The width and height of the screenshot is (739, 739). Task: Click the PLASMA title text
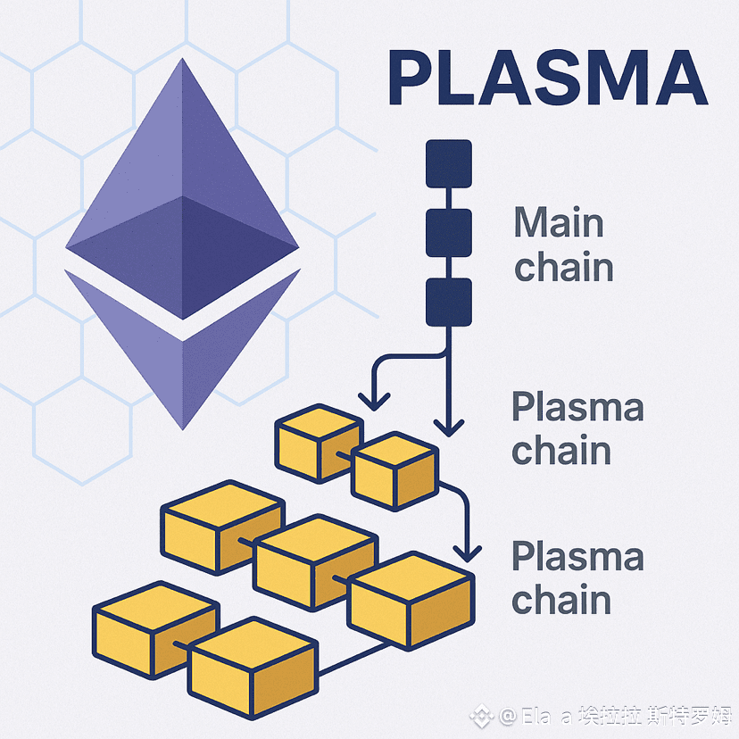pos(546,79)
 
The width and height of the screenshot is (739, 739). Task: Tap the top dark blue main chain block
pos(448,162)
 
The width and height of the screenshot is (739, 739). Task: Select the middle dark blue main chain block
pos(448,231)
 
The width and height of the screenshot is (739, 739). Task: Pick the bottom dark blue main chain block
pos(448,301)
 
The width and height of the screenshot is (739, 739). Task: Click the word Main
pos(559,223)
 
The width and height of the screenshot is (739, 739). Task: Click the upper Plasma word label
pos(577,409)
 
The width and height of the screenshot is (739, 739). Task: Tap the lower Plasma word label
pos(577,557)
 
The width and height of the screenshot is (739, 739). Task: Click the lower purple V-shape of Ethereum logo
pos(183,357)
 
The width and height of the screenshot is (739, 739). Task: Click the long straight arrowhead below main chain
pos(449,427)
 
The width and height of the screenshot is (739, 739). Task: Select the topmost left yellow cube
pos(318,442)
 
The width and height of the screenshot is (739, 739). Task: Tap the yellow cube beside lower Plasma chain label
pos(410,600)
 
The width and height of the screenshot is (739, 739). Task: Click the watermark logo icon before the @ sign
pos(483,715)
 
